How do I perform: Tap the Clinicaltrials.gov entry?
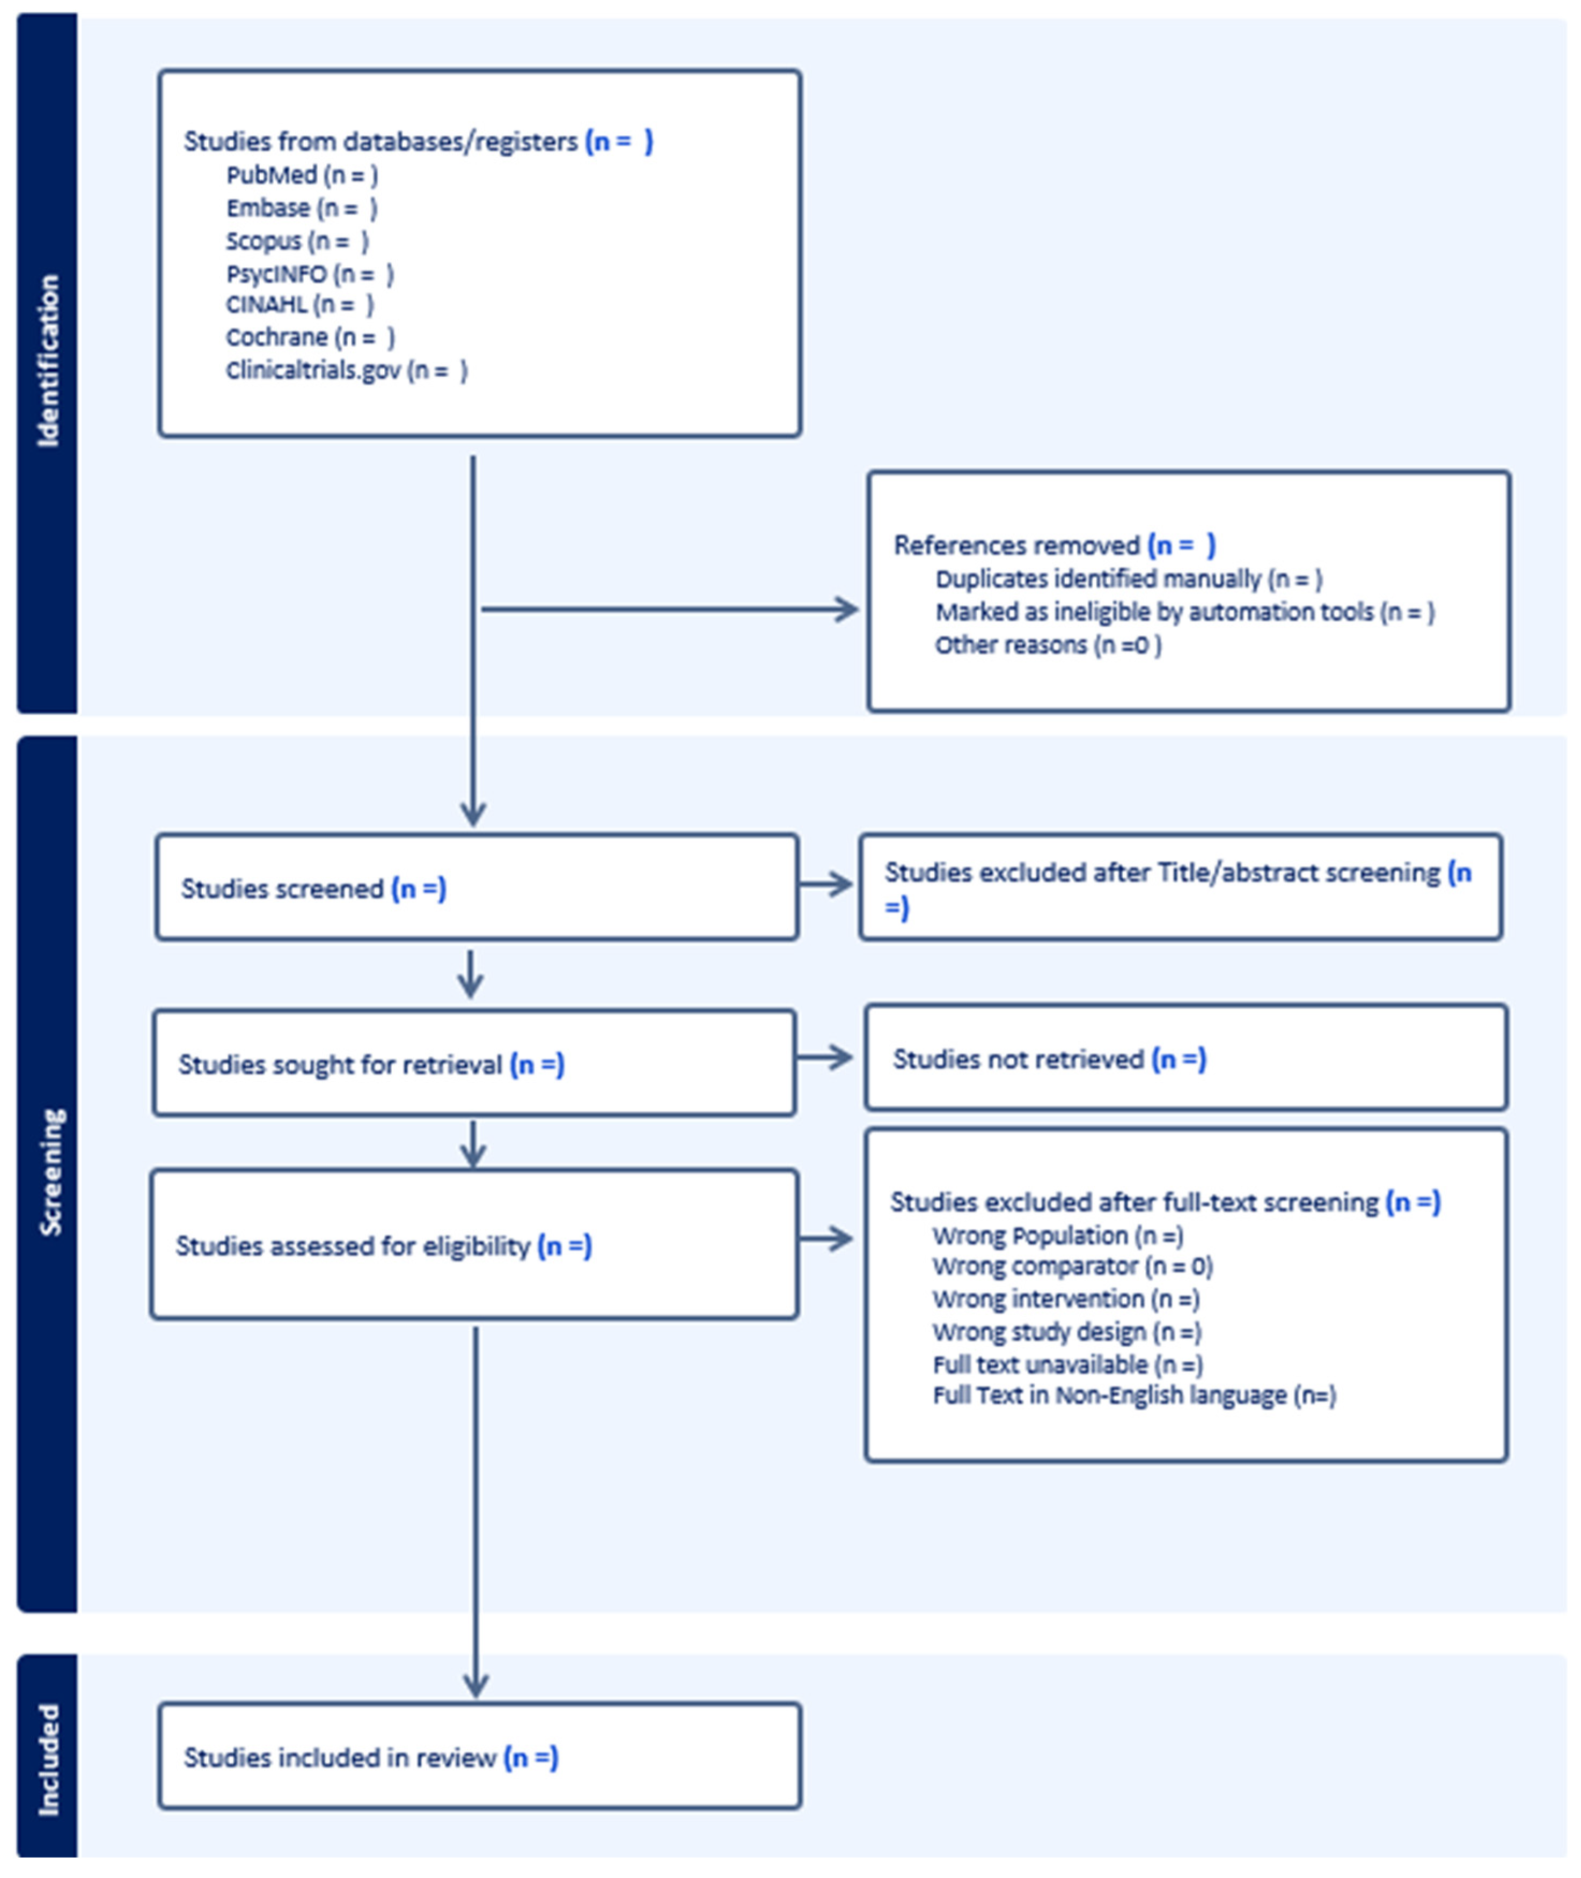coord(346,370)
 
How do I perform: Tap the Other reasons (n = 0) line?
coord(1047,645)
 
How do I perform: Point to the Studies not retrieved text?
coord(1049,1059)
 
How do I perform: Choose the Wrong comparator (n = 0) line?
coord(1072,1266)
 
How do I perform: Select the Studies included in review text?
coord(370,1757)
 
